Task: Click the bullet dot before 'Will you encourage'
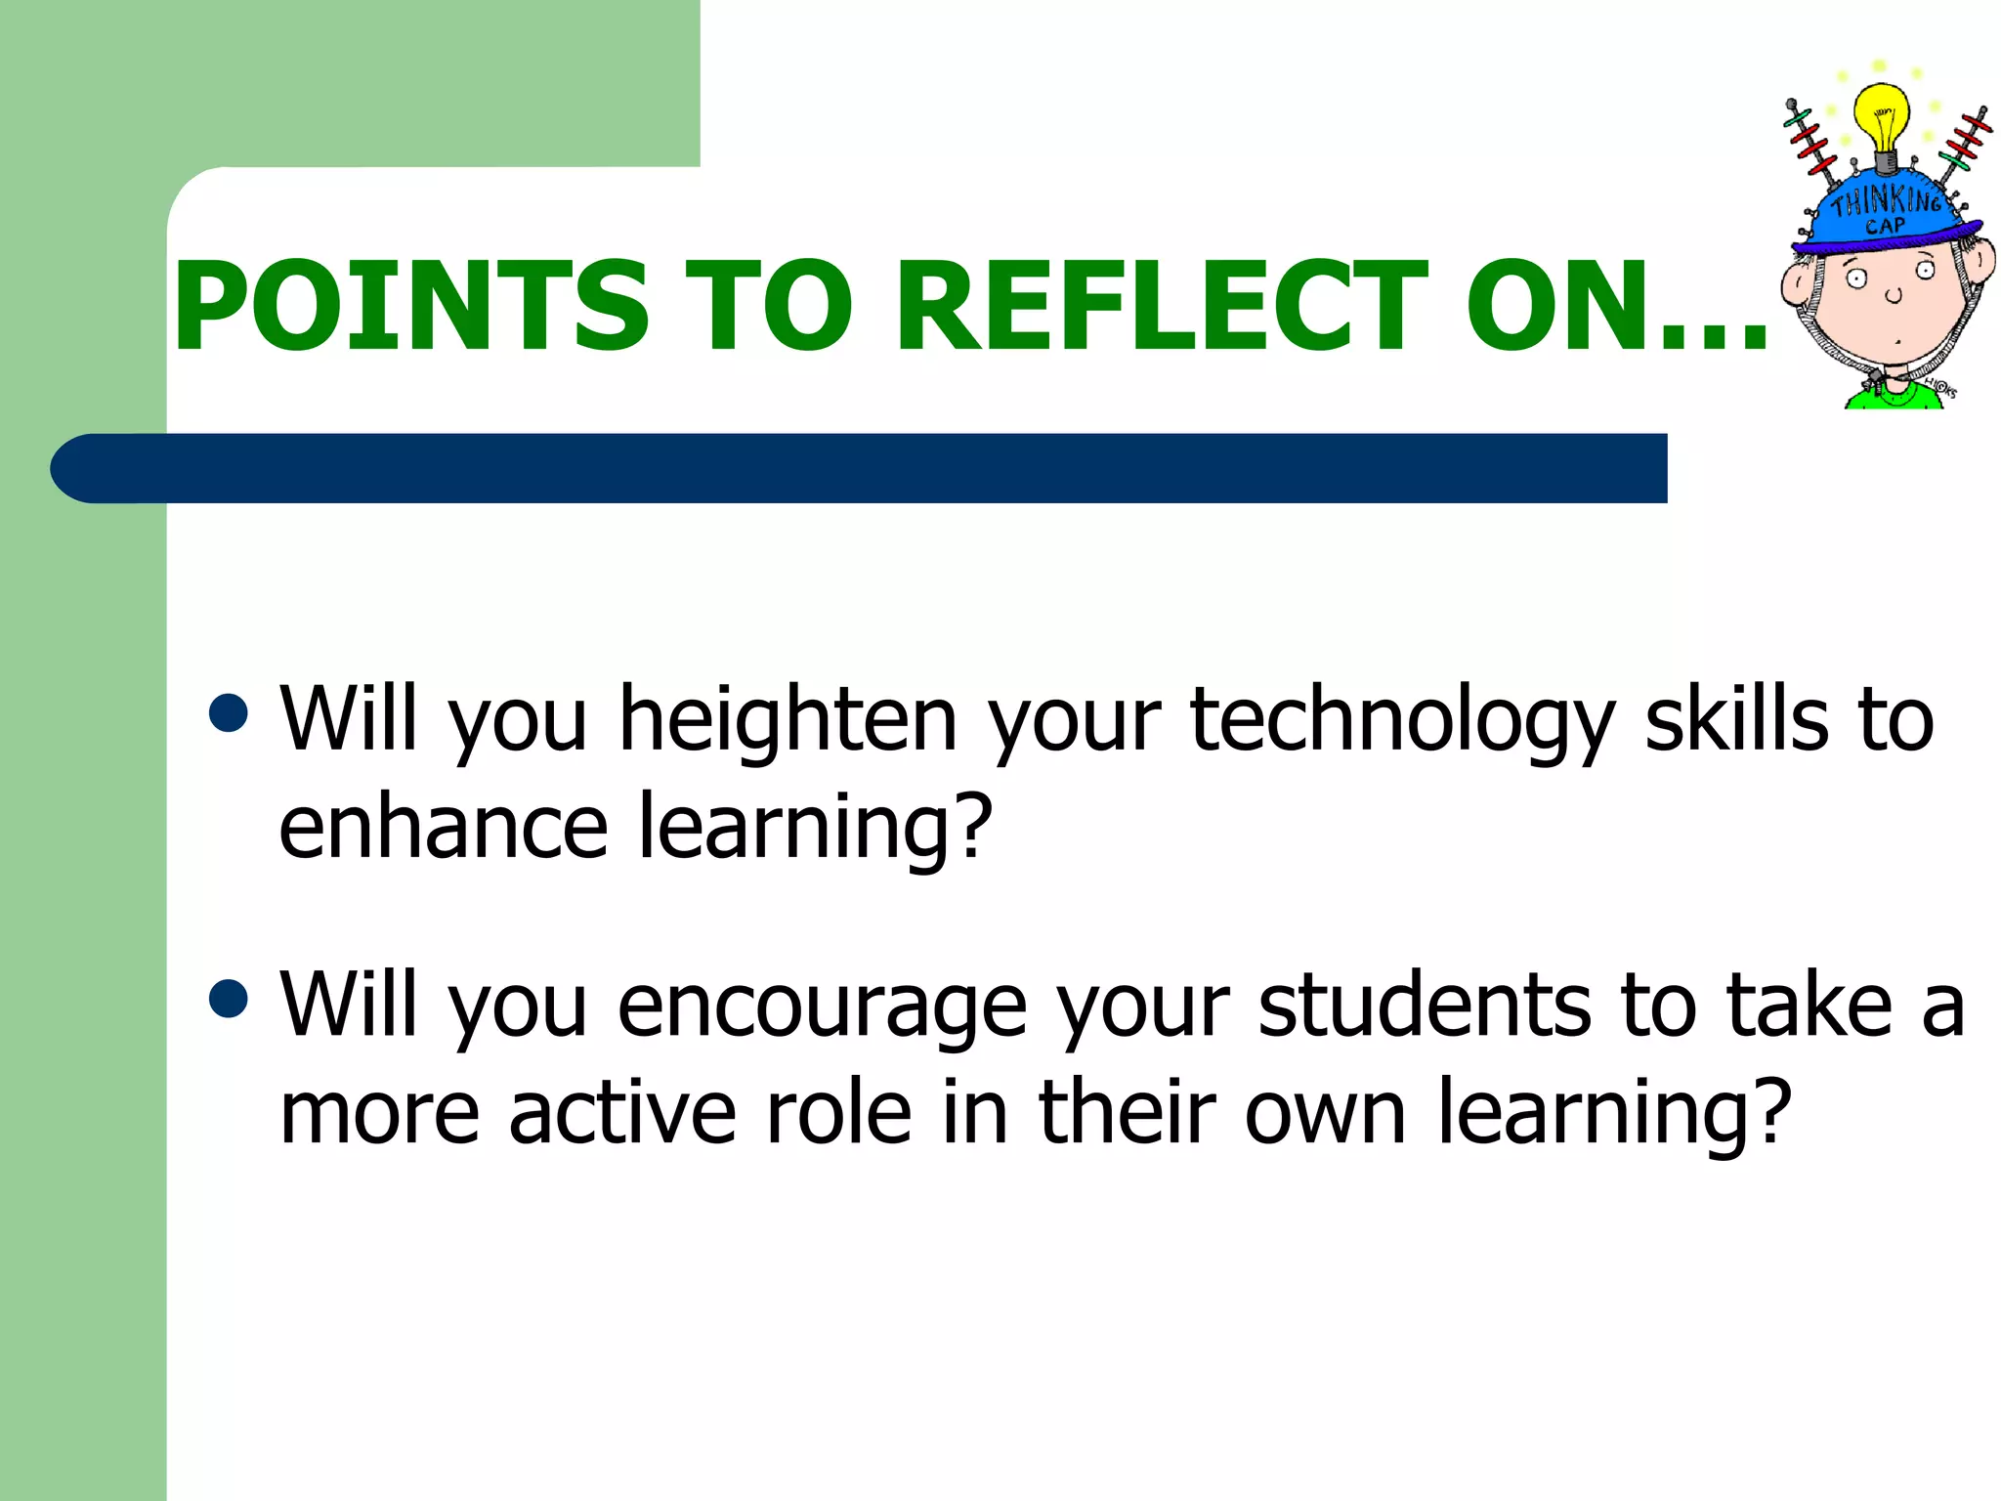(230, 999)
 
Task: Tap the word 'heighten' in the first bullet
(788, 723)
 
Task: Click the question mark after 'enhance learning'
(971, 827)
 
